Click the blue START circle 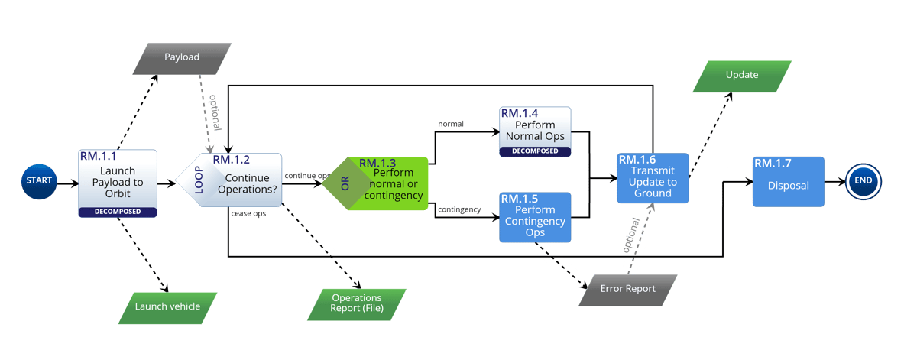[38, 181]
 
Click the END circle [864, 182]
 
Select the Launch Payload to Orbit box [118, 180]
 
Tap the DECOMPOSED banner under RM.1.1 [118, 212]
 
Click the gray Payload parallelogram [181, 57]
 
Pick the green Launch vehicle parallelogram [167, 306]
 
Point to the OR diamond [343, 184]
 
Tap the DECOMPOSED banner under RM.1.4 [535, 151]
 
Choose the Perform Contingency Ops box [535, 217]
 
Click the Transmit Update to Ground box [652, 178]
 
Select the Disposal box [788, 182]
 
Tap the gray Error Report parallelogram [627, 290]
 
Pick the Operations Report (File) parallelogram [356, 303]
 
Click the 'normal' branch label [451, 124]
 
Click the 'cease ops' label [248, 214]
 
